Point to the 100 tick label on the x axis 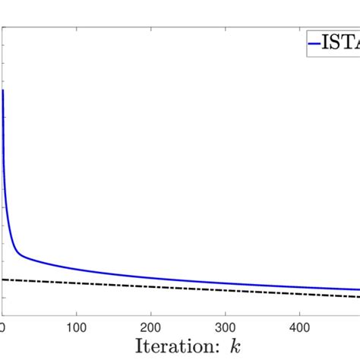pyautogui.click(x=76, y=326)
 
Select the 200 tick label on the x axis pyautogui.click(x=151, y=326)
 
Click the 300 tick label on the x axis pyautogui.click(x=226, y=326)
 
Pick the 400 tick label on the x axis pyautogui.click(x=300, y=326)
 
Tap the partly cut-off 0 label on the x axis pyautogui.click(x=2, y=326)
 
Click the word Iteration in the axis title pyautogui.click(x=175, y=346)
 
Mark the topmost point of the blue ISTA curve pyautogui.click(x=3, y=90)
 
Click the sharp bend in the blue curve pyautogui.click(x=19, y=254)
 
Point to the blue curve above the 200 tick pyautogui.click(x=151, y=278)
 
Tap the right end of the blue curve pyautogui.click(x=358, y=290)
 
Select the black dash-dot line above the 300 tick pyautogui.click(x=226, y=289)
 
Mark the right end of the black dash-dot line pyautogui.click(x=358, y=296)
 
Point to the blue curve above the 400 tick pyautogui.click(x=300, y=287)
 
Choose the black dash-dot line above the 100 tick pyautogui.click(x=76, y=283)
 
